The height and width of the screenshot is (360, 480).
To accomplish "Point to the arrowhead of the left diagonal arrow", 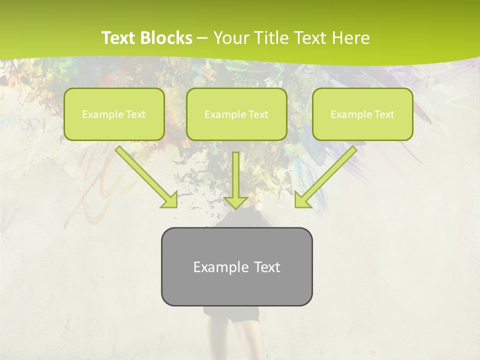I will pyautogui.click(x=170, y=200).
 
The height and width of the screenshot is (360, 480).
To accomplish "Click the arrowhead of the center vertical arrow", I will pyautogui.click(x=235, y=202).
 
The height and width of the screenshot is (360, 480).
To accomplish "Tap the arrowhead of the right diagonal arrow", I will pyautogui.click(x=301, y=200).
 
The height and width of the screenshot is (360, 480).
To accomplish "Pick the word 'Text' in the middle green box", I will pyautogui.click(x=258, y=114).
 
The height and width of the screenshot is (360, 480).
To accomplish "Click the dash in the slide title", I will pyautogui.click(x=202, y=38).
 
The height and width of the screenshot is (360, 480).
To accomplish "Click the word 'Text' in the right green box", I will pyautogui.click(x=384, y=114).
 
